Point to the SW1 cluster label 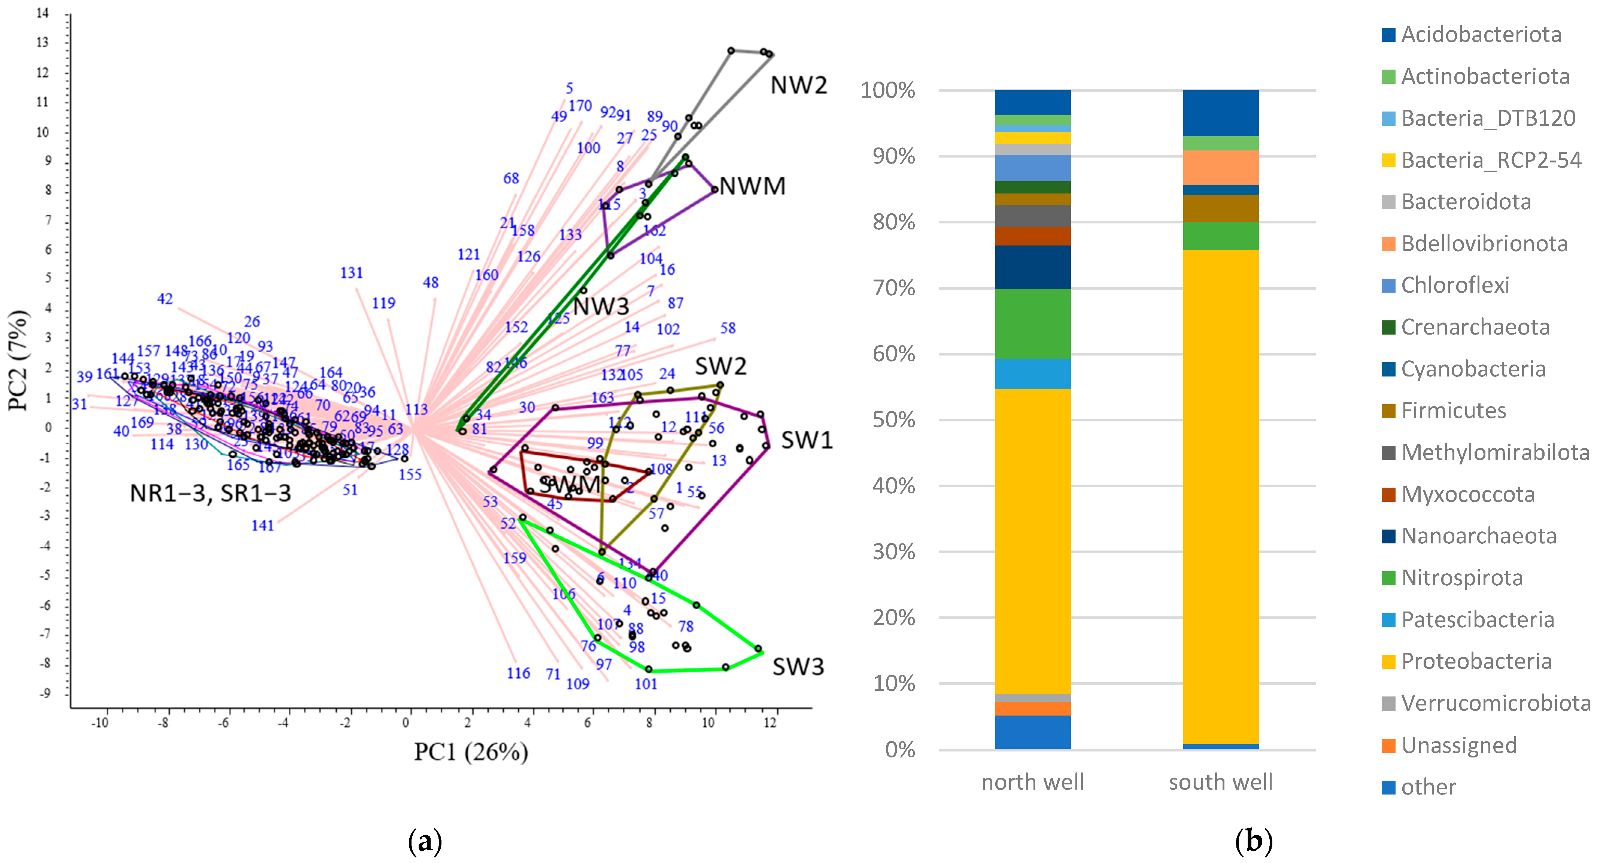(806, 440)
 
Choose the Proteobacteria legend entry (1476, 661)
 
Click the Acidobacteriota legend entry (1481, 35)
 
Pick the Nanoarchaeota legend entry (1478, 536)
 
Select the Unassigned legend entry (1458, 745)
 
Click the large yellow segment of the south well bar (1220, 497)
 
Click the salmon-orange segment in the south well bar (1220, 168)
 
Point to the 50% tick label (893, 420)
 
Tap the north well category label (1032, 782)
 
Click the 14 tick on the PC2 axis (42, 13)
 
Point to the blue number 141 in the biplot (262, 526)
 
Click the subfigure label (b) (1253, 841)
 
